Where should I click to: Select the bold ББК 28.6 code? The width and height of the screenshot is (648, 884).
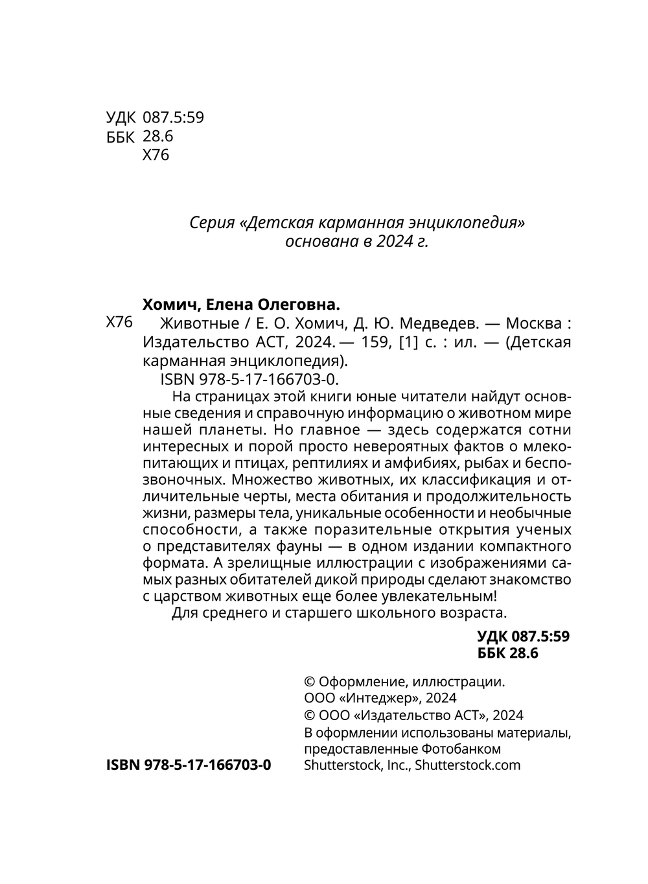(507, 653)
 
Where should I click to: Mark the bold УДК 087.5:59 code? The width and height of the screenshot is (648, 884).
(523, 636)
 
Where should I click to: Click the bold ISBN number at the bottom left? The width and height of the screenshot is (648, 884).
(188, 765)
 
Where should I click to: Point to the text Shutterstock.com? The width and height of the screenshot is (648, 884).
(467, 765)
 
